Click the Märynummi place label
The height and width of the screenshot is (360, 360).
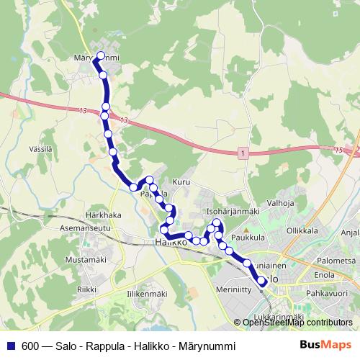coord(101,58)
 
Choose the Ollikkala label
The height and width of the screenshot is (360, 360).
coord(302,231)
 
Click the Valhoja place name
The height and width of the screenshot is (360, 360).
coord(282,204)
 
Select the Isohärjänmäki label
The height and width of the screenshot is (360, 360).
coord(232,212)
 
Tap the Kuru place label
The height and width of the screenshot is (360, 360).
coord(181,182)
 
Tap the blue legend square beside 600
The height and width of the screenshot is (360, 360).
coord(12,346)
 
